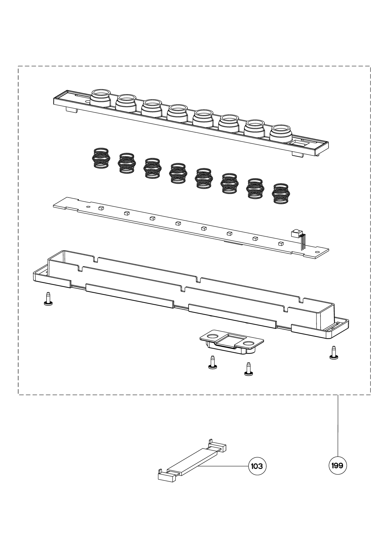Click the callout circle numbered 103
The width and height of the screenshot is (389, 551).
[257, 466]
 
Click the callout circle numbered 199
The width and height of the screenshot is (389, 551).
[338, 466]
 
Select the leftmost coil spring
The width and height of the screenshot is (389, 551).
[101, 158]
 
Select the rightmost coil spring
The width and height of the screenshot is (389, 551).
[280, 194]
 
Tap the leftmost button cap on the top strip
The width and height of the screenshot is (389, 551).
[101, 97]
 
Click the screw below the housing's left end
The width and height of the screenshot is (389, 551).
[47, 299]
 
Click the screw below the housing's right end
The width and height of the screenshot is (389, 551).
[333, 353]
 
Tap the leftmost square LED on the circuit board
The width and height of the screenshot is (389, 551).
[100, 208]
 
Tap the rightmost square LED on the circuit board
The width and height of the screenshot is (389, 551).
[281, 243]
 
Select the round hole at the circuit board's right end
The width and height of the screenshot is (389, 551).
[317, 252]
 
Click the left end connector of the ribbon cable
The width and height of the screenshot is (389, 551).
[166, 476]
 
